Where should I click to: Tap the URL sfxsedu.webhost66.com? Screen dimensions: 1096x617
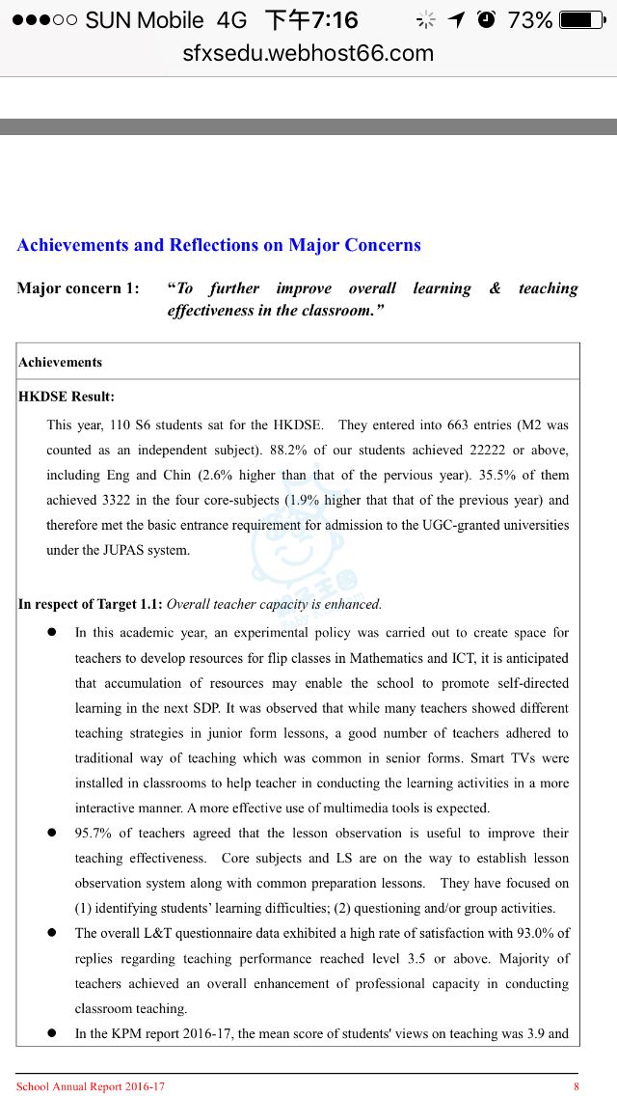308,53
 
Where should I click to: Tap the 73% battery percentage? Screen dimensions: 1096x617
529,20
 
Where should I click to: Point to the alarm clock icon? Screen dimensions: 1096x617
486,19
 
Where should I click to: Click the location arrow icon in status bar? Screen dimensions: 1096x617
456,19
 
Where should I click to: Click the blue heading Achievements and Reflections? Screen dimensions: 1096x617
219,245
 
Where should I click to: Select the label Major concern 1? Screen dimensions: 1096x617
78,288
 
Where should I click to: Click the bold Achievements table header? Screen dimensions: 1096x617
60,363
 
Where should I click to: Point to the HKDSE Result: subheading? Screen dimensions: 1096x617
67,397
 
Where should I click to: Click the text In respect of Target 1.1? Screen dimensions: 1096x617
91,605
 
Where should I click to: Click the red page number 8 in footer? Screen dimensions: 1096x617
576,1087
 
